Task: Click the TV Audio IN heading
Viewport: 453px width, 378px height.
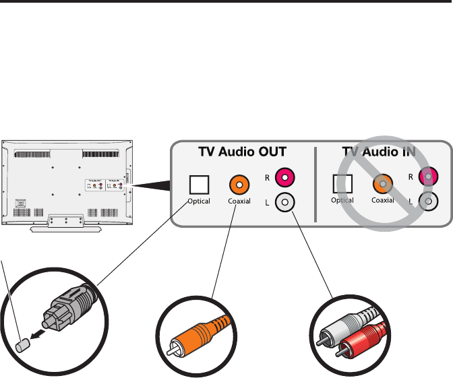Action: click(378, 153)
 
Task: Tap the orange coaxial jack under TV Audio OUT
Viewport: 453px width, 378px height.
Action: click(238, 183)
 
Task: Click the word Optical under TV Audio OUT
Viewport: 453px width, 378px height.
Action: click(199, 201)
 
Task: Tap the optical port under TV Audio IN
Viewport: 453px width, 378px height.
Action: click(343, 183)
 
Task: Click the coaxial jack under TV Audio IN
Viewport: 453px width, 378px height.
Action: click(382, 183)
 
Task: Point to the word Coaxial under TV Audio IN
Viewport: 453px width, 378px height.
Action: click(382, 200)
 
